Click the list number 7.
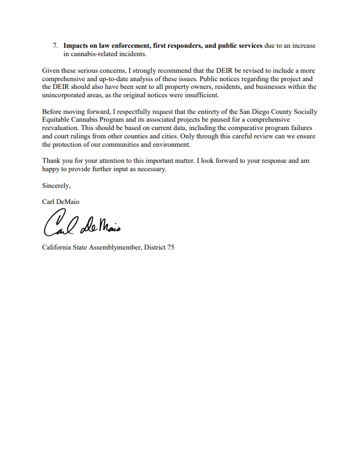pos(55,46)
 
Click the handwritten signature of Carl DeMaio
pos(80,223)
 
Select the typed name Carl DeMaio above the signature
pos(61,202)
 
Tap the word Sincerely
pos(56,186)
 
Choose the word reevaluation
pos(62,128)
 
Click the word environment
pos(171,145)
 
